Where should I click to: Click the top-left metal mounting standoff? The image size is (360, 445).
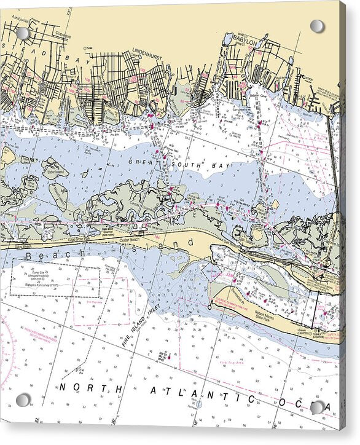point(23,33)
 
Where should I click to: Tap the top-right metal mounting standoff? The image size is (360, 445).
point(317,26)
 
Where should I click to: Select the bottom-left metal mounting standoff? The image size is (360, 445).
point(23,400)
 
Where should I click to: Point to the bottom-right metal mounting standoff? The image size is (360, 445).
point(317,408)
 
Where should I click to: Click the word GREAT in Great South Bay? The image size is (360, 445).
point(141,161)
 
